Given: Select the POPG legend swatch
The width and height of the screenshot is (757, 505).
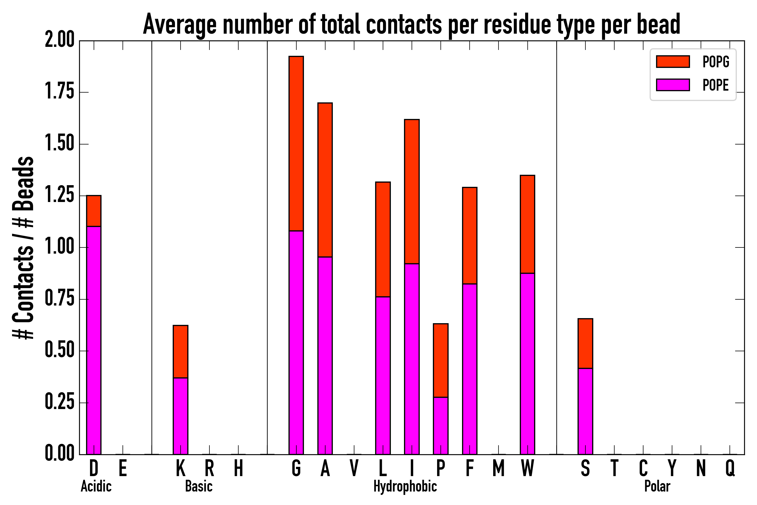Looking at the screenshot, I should click(673, 61).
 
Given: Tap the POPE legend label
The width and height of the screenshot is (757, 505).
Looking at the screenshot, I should click(716, 85).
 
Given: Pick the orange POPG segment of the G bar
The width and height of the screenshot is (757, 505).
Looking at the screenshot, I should click(296, 143).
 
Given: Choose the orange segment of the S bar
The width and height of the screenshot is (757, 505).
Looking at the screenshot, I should click(585, 343).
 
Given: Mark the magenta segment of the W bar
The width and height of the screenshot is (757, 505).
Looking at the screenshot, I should click(528, 364).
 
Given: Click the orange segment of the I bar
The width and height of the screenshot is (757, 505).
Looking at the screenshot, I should click(412, 191).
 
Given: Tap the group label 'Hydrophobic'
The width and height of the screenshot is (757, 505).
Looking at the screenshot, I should click(405, 486).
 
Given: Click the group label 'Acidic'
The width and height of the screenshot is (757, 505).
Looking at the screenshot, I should click(96, 486).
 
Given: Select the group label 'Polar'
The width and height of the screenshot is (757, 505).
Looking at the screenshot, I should click(657, 486).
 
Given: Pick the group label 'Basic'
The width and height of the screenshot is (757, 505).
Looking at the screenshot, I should click(199, 486).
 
